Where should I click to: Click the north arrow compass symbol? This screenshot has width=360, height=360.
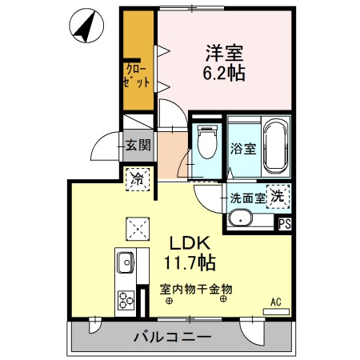(x=87, y=25)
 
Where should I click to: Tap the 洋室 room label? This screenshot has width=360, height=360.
(x=224, y=53)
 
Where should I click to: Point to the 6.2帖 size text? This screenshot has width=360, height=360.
(x=224, y=73)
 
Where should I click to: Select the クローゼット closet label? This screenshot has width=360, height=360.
(x=137, y=75)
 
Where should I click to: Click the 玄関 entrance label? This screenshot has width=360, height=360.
(x=138, y=145)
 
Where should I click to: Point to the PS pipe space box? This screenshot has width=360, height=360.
(x=285, y=225)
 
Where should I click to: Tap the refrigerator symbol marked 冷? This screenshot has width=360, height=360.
(x=137, y=178)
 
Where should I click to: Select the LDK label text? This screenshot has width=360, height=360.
(x=190, y=242)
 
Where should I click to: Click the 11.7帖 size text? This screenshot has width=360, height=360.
(x=190, y=262)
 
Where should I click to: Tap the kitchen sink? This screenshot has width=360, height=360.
(x=126, y=262)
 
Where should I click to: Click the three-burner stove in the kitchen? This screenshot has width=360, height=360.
(x=126, y=299)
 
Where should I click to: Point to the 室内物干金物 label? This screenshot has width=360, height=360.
(x=196, y=288)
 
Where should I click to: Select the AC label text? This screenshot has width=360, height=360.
(x=275, y=302)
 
